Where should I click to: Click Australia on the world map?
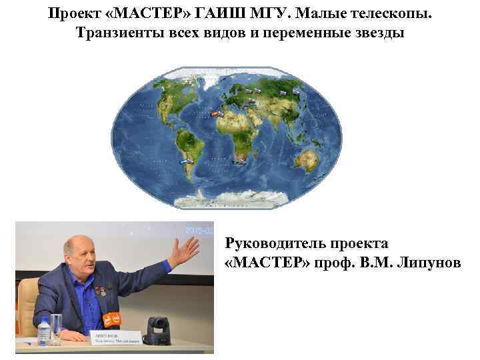(307, 159)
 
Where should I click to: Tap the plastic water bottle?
(45, 331)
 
